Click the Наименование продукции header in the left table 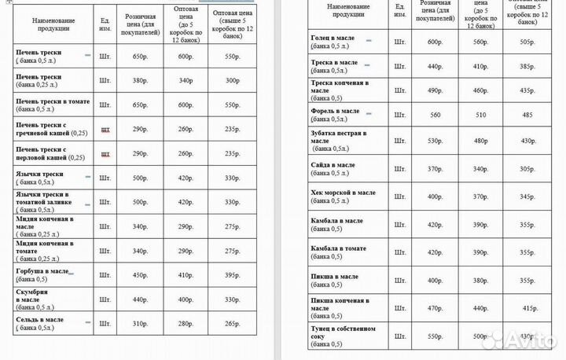50,24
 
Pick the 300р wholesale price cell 232,80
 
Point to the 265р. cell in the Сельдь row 232,324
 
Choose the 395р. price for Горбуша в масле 232,275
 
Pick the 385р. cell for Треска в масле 527,67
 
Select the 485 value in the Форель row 527,116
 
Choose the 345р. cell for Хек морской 527,197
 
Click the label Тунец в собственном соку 344,332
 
